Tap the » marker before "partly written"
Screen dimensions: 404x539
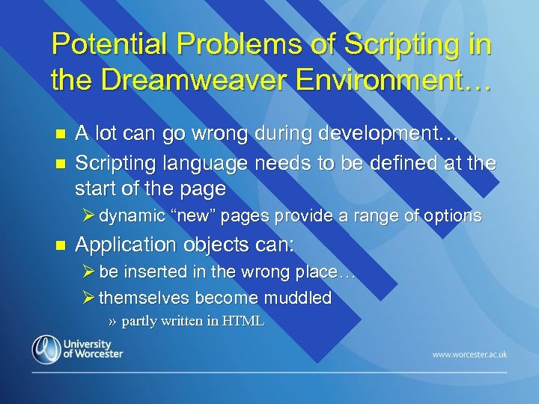tap(112, 322)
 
